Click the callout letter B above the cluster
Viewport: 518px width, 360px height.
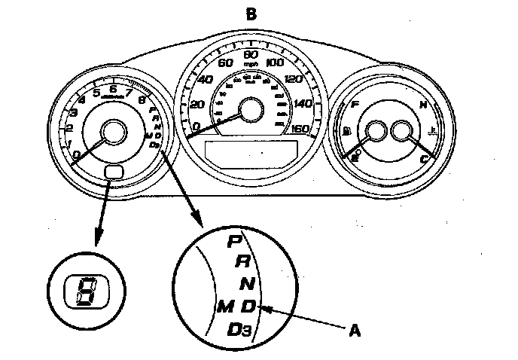point(251,12)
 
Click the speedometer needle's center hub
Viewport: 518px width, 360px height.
point(250,111)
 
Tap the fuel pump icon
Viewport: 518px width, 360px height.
point(346,132)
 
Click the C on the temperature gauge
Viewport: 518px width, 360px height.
point(423,159)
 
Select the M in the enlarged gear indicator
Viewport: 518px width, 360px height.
point(224,307)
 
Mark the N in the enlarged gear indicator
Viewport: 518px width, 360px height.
point(248,284)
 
